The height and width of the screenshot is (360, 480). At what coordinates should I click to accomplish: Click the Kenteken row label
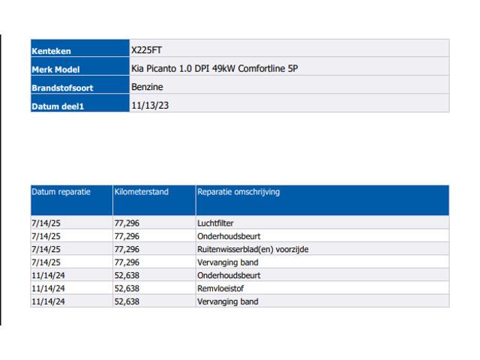(51, 51)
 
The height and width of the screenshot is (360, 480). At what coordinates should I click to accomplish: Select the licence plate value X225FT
(146, 50)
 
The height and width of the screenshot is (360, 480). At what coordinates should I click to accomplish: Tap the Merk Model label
(55, 70)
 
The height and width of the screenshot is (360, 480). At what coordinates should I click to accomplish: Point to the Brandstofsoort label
(62, 88)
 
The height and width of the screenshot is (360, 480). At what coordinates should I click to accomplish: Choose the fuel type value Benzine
(147, 87)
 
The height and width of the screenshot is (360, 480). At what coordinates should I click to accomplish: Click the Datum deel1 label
(58, 106)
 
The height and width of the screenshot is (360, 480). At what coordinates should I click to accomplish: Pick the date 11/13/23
(150, 106)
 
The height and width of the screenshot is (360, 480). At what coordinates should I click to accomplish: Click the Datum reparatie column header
(61, 192)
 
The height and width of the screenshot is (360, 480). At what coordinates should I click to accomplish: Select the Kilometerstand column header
(142, 192)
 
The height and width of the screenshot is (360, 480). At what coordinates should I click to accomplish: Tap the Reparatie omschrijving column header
(238, 192)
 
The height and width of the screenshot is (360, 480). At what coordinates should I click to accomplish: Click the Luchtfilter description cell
(215, 223)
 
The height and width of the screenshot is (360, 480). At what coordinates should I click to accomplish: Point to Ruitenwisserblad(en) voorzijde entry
(253, 250)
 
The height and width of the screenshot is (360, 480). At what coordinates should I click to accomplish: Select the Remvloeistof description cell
(220, 288)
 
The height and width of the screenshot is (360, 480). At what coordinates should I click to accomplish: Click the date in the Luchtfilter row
(46, 223)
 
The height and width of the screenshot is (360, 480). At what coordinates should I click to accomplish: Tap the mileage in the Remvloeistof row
(127, 289)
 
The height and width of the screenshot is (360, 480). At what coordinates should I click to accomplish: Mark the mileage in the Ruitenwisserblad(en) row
(127, 250)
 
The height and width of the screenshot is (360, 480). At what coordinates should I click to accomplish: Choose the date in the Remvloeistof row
(48, 289)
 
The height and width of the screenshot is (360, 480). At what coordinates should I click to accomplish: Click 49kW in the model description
(223, 68)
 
